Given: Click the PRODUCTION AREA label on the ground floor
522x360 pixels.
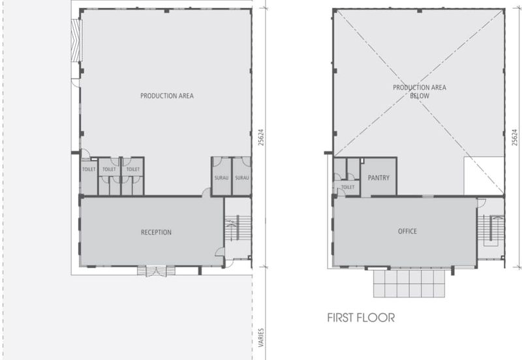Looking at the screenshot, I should point(167,96).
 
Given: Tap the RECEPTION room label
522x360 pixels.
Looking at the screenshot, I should point(156,232).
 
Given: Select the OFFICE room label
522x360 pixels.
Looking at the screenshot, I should point(407,232).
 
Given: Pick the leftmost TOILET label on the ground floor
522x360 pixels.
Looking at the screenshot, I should point(89,169).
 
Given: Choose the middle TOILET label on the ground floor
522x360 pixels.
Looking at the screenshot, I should point(110,169).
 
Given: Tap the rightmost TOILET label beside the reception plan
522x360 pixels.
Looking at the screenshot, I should point(132,169).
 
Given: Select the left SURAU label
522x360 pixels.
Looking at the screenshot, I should point(222,177).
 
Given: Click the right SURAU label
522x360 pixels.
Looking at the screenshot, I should point(242,177).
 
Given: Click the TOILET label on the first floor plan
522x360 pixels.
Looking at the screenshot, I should point(347,187).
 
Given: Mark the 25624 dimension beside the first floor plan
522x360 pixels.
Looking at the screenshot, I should point(515,138).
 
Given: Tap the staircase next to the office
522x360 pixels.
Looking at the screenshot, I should point(490,228).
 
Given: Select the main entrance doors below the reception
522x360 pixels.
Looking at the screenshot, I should point(154,271).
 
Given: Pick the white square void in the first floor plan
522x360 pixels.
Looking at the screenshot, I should point(484,176).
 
